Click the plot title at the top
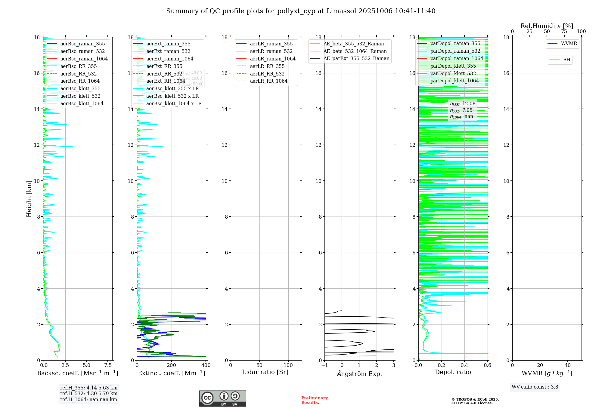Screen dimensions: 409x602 [x=301, y=11]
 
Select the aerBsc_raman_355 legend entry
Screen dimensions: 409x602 [x=82, y=44]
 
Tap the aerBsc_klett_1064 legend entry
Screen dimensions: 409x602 [x=82, y=104]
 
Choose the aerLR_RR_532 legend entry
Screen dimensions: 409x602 [x=267, y=74]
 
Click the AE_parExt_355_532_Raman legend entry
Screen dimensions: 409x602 [x=356, y=59]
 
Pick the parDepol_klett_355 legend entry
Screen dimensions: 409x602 [x=453, y=66]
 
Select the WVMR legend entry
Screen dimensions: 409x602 [x=569, y=44]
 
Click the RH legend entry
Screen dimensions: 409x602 [x=566, y=60]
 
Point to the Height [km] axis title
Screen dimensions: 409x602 [x=29, y=199]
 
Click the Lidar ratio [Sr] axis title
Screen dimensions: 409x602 [x=265, y=372]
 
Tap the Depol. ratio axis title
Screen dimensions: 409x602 [x=453, y=372]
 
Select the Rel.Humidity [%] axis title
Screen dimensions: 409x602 [x=547, y=26]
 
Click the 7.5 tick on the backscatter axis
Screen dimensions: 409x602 [x=108, y=365]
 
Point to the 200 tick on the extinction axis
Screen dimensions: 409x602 [x=172, y=365]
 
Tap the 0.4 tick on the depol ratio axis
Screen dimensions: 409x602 [x=464, y=365]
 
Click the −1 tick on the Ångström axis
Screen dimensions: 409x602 [x=324, y=365]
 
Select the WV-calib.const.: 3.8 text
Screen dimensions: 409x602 [x=535, y=387]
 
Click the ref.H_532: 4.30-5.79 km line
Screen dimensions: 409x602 [x=89, y=394]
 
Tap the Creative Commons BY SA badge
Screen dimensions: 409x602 [x=222, y=398]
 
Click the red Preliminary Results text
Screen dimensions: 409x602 [x=314, y=400]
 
